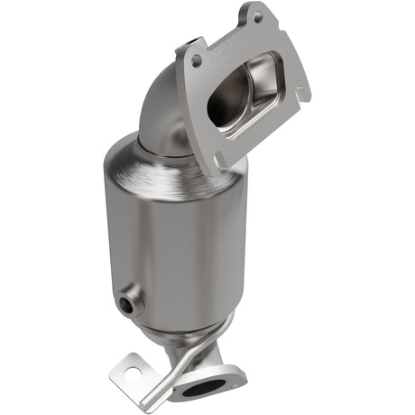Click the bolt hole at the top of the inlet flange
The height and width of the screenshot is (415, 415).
click(259, 17)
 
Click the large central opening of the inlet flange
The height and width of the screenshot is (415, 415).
click(236, 101)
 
